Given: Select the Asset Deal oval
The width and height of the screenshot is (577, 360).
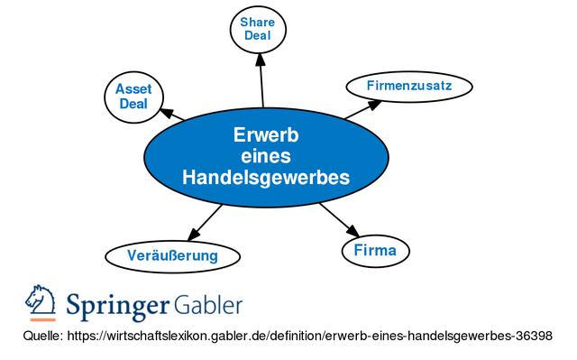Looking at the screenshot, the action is (x=133, y=96).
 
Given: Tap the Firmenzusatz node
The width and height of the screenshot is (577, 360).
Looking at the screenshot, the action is (x=408, y=86).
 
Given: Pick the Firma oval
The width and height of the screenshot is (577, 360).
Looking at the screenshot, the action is (x=374, y=249).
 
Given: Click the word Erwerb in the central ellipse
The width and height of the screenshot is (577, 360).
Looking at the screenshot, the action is (x=265, y=135).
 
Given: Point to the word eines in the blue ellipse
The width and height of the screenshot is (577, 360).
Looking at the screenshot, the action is (x=265, y=156).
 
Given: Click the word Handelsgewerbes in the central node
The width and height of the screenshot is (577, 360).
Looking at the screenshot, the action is (x=265, y=178).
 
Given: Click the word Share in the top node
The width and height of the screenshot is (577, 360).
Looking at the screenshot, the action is (x=259, y=21).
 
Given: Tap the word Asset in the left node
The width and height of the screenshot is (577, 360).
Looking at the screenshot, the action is (x=133, y=88).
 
